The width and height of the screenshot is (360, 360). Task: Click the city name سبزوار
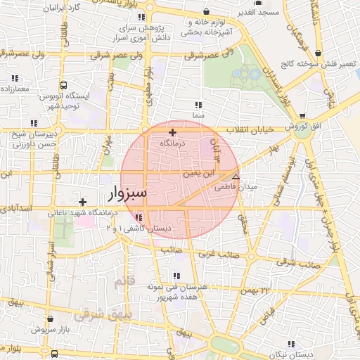click(127, 191)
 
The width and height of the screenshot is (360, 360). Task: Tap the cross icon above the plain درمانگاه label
click(173, 132)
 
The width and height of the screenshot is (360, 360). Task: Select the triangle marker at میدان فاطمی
click(236, 177)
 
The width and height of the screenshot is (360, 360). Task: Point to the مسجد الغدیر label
click(259, 13)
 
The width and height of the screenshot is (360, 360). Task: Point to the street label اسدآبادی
click(15, 209)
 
